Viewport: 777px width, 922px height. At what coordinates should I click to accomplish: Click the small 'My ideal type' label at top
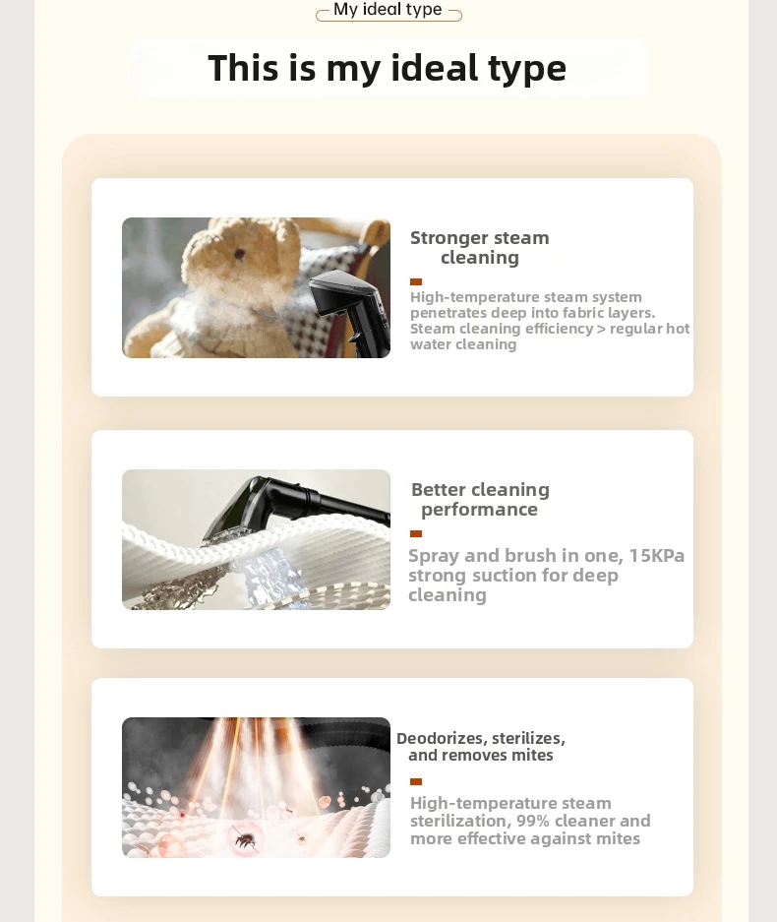(388, 10)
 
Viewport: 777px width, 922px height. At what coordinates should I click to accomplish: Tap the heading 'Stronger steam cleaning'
(480, 248)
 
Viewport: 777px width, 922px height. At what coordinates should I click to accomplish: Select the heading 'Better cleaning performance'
(480, 499)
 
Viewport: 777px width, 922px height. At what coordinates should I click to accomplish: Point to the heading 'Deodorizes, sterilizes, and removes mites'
(481, 747)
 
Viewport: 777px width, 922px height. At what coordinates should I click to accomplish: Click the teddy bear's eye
(239, 254)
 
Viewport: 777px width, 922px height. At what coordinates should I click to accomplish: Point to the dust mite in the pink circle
(246, 839)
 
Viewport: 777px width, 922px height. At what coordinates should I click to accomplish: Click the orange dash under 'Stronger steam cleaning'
(416, 281)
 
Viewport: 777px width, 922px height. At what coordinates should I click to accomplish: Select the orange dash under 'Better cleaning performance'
(416, 533)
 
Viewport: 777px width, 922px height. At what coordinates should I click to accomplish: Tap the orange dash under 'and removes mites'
(416, 781)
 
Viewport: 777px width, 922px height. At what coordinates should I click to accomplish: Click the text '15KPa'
(656, 556)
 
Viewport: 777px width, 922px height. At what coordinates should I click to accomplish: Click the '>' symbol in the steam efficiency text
(601, 329)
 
